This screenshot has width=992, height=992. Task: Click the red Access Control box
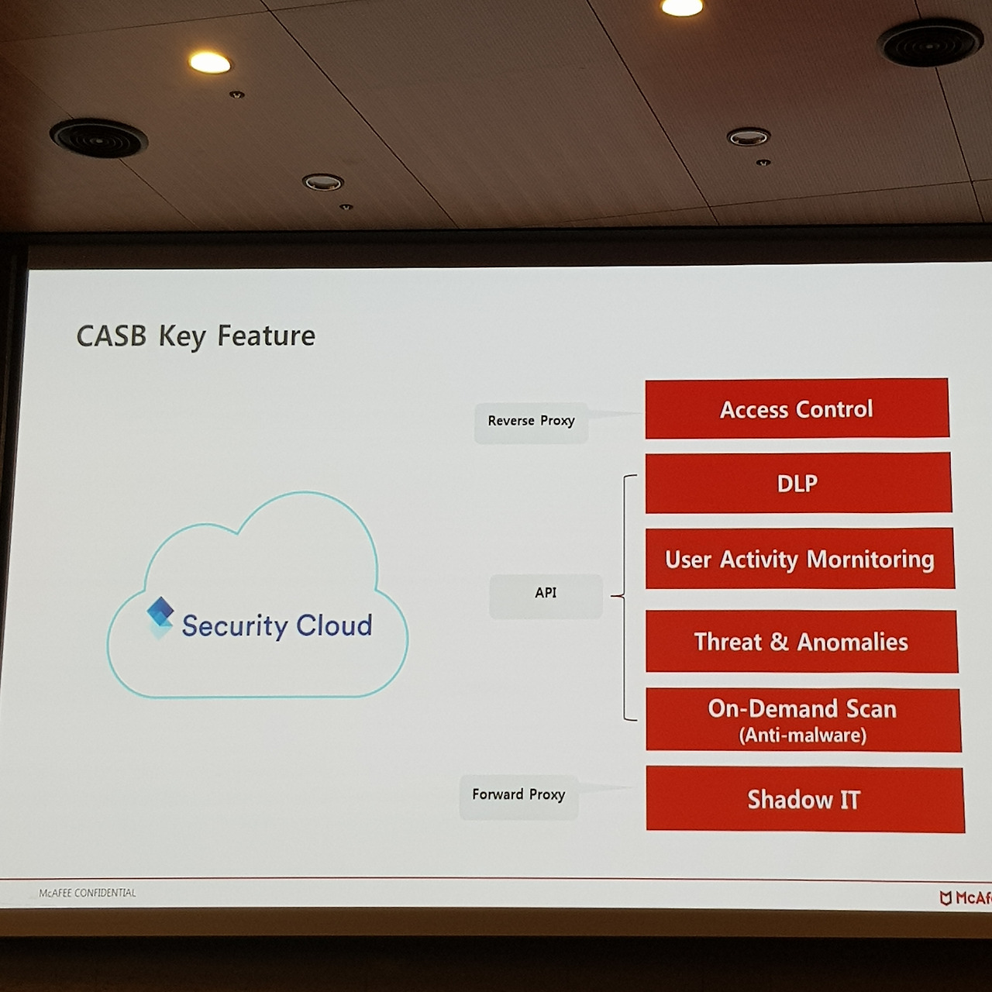click(797, 408)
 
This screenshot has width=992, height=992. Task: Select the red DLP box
click(798, 483)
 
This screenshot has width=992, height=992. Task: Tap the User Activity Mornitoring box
click(800, 559)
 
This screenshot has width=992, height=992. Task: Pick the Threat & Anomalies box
click(801, 642)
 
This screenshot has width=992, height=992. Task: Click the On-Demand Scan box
click(803, 720)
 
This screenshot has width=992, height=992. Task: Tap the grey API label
click(546, 596)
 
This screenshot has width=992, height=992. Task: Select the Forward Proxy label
click(518, 797)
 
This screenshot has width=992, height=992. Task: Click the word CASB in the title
click(111, 336)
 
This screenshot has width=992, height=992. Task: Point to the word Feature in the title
click(266, 336)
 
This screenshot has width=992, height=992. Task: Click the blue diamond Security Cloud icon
click(160, 617)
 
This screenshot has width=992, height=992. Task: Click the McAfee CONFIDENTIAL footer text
click(88, 893)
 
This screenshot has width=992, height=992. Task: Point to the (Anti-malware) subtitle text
click(803, 735)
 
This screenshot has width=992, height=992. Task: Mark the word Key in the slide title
click(182, 337)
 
